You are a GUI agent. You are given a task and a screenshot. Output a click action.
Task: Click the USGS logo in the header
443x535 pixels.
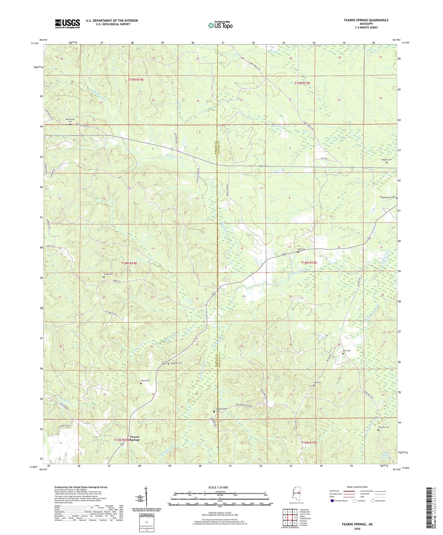(67, 24)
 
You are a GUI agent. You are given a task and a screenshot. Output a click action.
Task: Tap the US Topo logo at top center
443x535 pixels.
(220, 25)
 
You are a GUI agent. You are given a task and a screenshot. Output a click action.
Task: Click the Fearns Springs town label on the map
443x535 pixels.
(135, 438)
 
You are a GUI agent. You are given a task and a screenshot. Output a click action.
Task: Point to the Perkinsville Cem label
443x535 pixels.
(70, 120)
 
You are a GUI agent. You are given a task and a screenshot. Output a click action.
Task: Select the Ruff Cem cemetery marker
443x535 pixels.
(298, 252)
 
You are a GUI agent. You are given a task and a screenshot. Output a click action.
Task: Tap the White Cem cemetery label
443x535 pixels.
(145, 381)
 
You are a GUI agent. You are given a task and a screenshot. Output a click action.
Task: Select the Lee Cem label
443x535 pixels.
(317, 382)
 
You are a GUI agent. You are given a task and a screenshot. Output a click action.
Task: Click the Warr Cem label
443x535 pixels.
(346, 351)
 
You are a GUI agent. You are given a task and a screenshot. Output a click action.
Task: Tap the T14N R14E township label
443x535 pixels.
(129, 263)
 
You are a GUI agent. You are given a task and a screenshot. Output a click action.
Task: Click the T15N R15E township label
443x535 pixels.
(302, 83)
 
